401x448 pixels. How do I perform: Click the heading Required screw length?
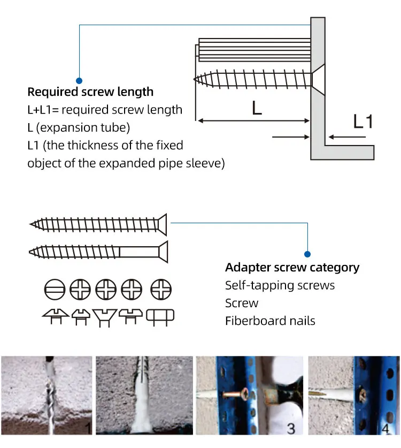click(90, 92)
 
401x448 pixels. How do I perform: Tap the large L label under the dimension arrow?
click(257, 109)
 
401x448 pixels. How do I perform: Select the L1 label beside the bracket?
click(363, 122)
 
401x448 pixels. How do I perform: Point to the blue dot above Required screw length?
click(79, 80)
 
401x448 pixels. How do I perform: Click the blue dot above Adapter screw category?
click(307, 254)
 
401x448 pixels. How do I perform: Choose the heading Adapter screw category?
click(292, 268)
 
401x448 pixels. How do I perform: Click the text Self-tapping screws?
click(280, 285)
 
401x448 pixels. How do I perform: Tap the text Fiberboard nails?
click(270, 321)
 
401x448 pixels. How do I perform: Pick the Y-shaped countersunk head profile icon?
click(104, 317)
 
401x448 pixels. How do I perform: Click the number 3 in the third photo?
click(291, 428)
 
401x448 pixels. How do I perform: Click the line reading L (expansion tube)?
click(79, 128)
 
